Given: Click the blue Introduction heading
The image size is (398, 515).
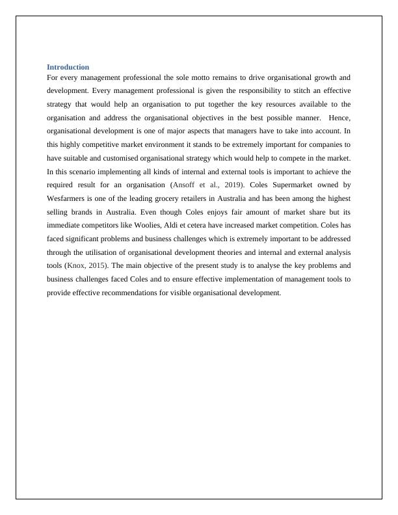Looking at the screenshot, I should pos(68,67).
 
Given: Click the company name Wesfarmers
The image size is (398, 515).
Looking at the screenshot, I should pos(70,198).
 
